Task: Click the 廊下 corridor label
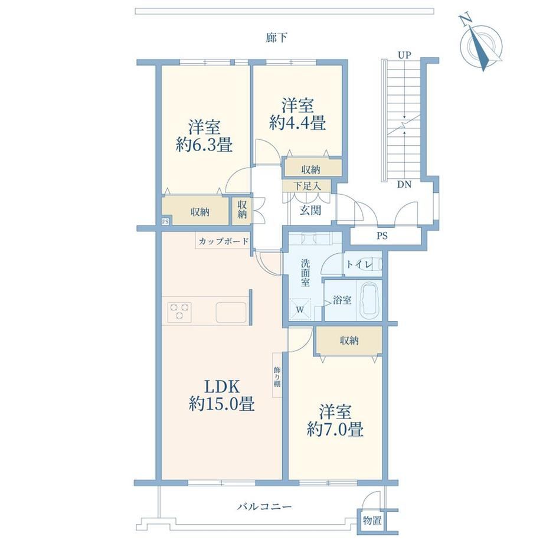click(x=276, y=37)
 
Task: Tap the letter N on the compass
click(x=466, y=19)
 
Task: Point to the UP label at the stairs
click(x=404, y=55)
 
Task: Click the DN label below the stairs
click(x=404, y=185)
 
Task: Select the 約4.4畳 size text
click(x=297, y=123)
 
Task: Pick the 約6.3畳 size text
click(x=204, y=145)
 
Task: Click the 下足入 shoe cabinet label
click(x=307, y=186)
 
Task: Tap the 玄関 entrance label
click(x=310, y=210)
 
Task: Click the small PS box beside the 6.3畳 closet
click(x=165, y=221)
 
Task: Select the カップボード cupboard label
click(x=223, y=241)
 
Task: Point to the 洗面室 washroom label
click(x=305, y=273)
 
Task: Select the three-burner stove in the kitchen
click(x=179, y=310)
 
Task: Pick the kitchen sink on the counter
click(x=231, y=312)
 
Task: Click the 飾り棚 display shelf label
click(x=277, y=375)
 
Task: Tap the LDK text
click(x=222, y=385)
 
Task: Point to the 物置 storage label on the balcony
click(x=372, y=520)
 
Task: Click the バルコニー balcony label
click(x=264, y=506)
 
